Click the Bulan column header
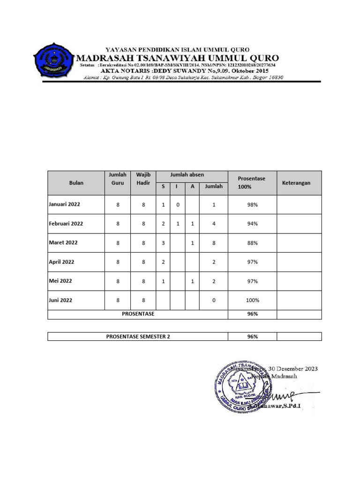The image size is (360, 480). [x=76, y=183]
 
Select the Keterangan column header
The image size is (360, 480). [x=296, y=183]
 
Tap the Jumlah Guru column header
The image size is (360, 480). [x=118, y=178]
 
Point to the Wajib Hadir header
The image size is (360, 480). [x=143, y=178]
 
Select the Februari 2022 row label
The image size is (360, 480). [x=66, y=224]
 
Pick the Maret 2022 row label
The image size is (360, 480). [x=63, y=243]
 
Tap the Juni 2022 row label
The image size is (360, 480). [x=60, y=300]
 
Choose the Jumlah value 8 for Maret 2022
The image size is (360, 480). [x=213, y=243]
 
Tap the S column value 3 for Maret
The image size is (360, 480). [x=163, y=243]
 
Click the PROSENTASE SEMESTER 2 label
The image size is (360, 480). [x=138, y=337]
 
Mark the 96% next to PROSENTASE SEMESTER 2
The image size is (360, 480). [x=252, y=337]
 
